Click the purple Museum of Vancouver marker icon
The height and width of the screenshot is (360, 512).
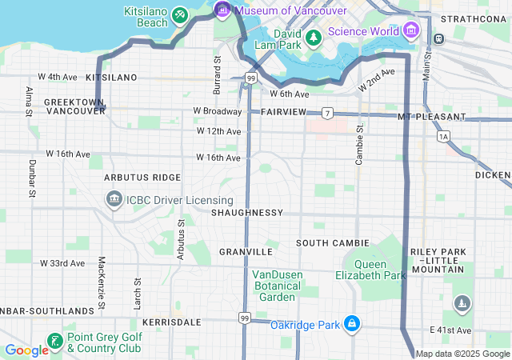(222, 10)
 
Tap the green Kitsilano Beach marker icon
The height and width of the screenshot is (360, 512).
(180, 15)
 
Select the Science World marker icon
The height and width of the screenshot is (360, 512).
(412, 30)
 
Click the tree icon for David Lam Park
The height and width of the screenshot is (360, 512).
(314, 37)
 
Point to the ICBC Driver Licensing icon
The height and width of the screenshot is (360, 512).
(113, 198)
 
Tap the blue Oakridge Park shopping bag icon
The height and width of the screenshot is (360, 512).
(350, 324)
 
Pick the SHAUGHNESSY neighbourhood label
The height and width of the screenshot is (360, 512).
(247, 213)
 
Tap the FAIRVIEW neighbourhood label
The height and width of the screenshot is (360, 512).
(283, 112)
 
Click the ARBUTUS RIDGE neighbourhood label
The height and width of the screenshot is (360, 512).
(141, 177)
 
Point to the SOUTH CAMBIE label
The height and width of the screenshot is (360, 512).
(333, 242)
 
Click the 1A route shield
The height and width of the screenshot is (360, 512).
(444, 137)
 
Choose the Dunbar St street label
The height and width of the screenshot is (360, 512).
(31, 178)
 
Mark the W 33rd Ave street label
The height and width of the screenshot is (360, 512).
(62, 262)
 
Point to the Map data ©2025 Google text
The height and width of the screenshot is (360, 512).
(462, 354)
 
